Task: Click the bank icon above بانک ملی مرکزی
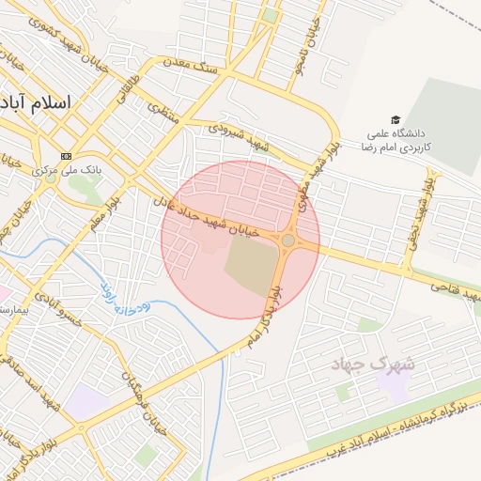point(66,155)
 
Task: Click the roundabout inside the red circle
point(287,240)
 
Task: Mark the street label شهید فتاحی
point(454,290)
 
